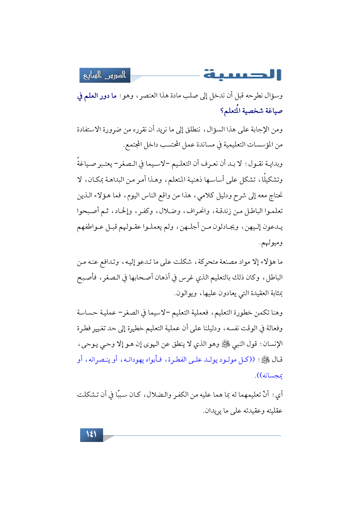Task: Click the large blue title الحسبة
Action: point(242,75)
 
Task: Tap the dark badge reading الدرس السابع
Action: point(105,75)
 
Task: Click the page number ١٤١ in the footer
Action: point(91,434)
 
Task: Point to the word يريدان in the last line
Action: point(213,411)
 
